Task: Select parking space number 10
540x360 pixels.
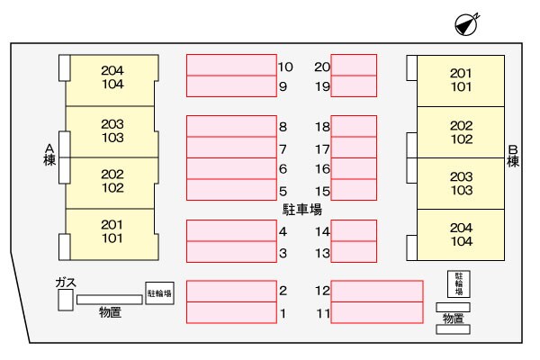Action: [230, 65]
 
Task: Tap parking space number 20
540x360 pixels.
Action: [353, 65]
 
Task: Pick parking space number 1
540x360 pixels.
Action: [230, 312]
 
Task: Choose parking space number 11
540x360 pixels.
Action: [377, 312]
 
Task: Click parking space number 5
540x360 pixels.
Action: [230, 189]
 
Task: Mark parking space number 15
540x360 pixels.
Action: [353, 189]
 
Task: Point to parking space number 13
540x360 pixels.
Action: [353, 252]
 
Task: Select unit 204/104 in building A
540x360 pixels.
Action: [112, 79]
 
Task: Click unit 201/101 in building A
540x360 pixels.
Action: [112, 232]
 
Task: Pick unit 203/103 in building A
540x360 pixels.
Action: [112, 131]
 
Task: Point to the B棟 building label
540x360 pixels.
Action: [513, 156]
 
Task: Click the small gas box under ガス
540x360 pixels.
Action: [65, 301]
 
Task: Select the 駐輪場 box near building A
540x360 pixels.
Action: [159, 292]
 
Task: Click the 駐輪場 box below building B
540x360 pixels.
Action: [459, 283]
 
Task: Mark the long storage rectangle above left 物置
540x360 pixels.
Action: [109, 299]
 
